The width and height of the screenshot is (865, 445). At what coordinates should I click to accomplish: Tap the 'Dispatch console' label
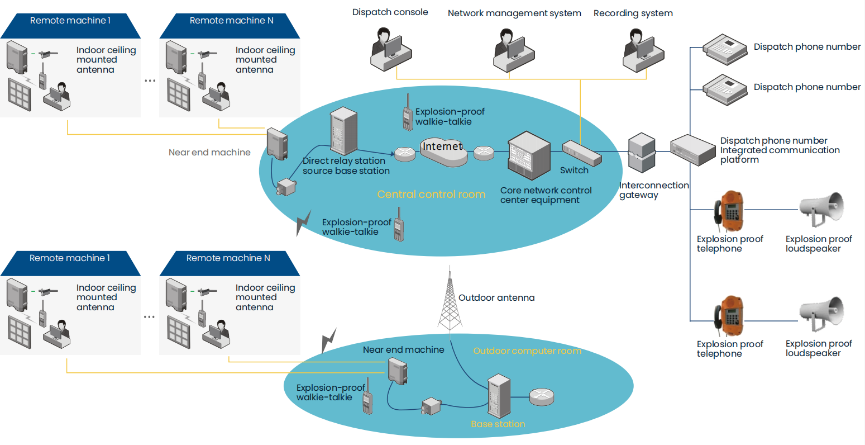[390, 12]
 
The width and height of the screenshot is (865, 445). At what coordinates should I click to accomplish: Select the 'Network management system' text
[514, 13]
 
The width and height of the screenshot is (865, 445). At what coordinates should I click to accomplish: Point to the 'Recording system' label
[633, 13]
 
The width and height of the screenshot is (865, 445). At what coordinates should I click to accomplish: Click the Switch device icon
[581, 152]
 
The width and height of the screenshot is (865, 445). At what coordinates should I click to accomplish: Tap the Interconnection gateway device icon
[641, 152]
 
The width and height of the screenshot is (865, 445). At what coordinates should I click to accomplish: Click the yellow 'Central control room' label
[431, 195]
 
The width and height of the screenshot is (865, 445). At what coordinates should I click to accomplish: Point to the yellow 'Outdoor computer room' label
[527, 351]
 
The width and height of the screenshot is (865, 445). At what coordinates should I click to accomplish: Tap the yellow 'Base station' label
[498, 424]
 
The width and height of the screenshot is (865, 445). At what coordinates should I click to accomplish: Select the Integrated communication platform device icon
[692, 149]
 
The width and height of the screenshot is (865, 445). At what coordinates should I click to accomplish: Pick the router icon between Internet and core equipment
[484, 153]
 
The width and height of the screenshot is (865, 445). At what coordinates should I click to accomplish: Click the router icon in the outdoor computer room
[541, 396]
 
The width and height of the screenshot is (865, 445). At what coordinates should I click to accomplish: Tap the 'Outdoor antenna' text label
[496, 298]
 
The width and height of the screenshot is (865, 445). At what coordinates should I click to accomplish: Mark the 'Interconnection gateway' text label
[654, 190]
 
